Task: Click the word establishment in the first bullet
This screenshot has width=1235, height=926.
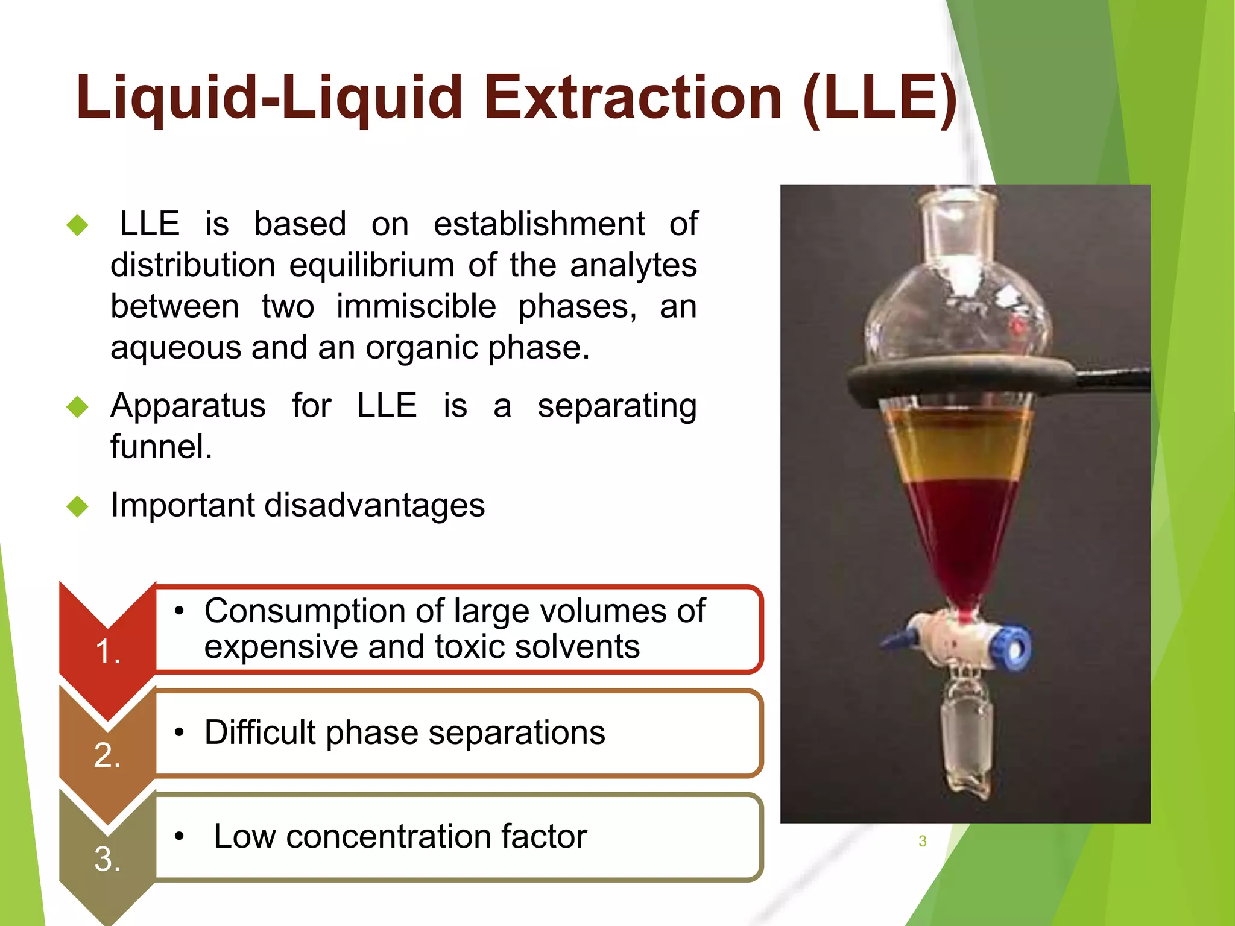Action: [539, 224]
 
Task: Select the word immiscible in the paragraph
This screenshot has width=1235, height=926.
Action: [416, 306]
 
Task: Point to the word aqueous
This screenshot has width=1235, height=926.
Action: [174, 348]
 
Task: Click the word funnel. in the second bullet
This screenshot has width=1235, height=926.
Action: [161, 447]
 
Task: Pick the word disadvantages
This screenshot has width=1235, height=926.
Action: [374, 505]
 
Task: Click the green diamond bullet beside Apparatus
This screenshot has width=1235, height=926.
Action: [78, 407]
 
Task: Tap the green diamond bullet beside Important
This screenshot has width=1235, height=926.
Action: [78, 506]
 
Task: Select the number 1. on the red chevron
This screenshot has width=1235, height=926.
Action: [108, 652]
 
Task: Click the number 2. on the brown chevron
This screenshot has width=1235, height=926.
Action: [107, 755]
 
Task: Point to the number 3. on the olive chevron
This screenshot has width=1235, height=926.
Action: [107, 859]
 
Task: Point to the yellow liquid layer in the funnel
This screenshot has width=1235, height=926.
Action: [959, 452]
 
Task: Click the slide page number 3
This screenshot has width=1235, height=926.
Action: [922, 841]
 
